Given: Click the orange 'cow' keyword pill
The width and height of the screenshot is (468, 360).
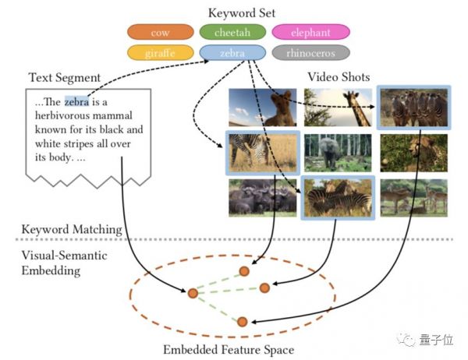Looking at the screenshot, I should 160,33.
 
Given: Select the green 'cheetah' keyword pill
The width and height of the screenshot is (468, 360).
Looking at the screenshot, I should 232,33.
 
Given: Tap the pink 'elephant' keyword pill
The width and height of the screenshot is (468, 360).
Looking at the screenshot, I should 311,33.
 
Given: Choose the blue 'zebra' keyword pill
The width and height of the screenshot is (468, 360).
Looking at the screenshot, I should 232,54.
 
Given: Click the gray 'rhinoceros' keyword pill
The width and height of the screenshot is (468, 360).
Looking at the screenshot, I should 311,54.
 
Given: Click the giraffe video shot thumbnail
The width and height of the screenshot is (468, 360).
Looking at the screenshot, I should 337,108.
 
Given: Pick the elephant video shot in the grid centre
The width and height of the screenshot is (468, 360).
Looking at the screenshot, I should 337,153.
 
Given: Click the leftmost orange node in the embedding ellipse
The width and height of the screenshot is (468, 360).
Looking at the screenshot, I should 192,294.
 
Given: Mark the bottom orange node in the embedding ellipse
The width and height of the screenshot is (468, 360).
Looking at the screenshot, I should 242,321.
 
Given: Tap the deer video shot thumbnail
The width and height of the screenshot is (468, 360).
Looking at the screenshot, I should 413,197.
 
